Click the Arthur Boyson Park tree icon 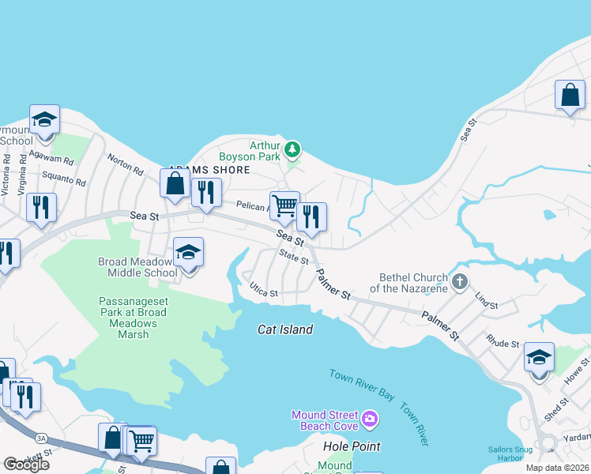point(292,149)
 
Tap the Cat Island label point(284,329)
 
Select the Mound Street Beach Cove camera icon point(370,416)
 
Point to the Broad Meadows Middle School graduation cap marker point(188,253)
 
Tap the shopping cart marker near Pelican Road point(284,206)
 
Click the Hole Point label point(352,446)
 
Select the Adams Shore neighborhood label point(209,170)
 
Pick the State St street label point(294,257)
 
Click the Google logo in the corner point(26,465)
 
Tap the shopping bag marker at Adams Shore point(175,183)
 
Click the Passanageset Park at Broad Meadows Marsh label point(133,318)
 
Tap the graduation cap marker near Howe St point(539,357)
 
